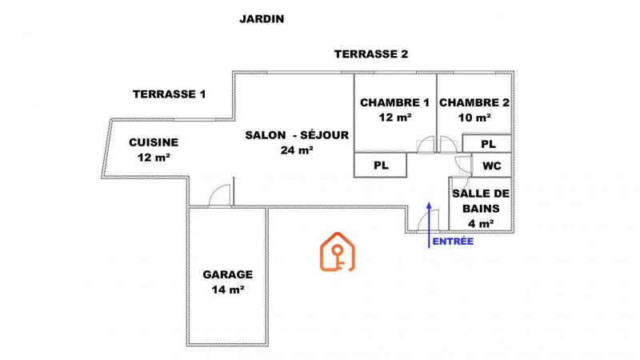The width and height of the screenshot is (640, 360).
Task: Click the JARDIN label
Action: (x=262, y=18)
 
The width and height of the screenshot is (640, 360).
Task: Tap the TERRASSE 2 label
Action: (x=371, y=54)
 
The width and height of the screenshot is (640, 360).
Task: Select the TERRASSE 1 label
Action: (x=169, y=94)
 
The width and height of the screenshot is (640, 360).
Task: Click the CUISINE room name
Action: (x=154, y=142)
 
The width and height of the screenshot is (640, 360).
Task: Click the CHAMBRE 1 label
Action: (x=394, y=102)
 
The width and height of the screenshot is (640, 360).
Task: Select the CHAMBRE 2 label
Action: (x=474, y=102)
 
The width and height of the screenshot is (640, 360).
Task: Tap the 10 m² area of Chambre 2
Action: (x=474, y=118)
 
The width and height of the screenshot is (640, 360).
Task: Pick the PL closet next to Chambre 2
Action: (x=488, y=143)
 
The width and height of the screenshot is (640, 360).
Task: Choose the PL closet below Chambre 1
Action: (x=382, y=165)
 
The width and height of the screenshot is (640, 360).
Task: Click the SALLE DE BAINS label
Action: (x=482, y=201)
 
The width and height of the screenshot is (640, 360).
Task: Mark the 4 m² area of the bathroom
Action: (x=482, y=223)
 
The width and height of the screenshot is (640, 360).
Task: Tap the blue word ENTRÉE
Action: (x=452, y=241)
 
